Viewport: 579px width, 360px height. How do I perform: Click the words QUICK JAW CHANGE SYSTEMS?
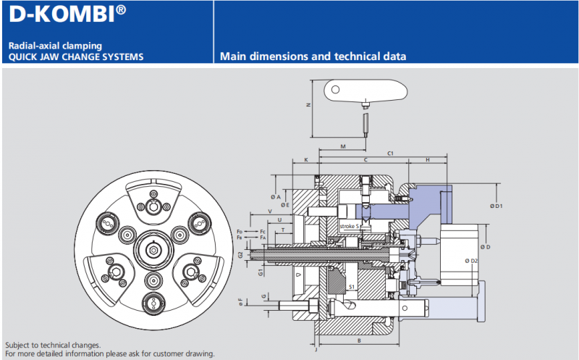point(76,56)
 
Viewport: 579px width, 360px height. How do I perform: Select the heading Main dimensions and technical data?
point(313,56)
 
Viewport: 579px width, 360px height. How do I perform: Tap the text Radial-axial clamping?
point(55,46)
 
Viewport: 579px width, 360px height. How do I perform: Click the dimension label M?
point(343,147)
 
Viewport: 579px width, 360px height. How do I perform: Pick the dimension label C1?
point(390,154)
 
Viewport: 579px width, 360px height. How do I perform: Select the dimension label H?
point(428,160)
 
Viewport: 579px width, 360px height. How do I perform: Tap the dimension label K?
point(306,159)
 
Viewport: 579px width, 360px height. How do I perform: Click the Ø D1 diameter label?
point(496,206)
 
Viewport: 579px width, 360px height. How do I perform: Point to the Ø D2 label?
point(471,261)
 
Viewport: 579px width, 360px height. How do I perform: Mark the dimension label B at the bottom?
point(358,339)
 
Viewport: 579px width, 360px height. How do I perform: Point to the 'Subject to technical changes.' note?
point(53,346)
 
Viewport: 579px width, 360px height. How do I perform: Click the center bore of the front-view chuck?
point(153,250)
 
